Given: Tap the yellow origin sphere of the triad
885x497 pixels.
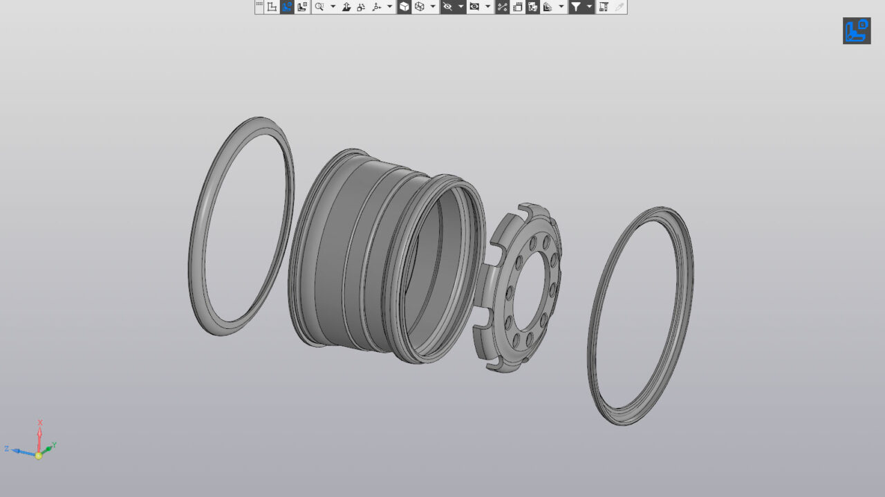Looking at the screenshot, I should click(39, 456).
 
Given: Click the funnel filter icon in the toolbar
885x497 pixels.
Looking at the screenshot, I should click(576, 7).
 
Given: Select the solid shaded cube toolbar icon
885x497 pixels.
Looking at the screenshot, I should click(404, 7).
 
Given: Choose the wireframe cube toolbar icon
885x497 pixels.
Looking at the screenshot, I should click(420, 7).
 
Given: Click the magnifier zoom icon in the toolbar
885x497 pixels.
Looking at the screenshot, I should click(319, 7).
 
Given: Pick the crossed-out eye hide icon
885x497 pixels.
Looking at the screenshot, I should click(447, 7).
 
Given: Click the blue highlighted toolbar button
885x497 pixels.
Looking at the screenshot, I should click(287, 7).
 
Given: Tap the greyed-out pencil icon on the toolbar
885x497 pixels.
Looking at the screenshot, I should click(619, 7).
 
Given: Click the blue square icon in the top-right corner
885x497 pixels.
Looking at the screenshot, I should click(856, 31).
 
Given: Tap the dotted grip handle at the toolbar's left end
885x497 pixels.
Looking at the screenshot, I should click(259, 6).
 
